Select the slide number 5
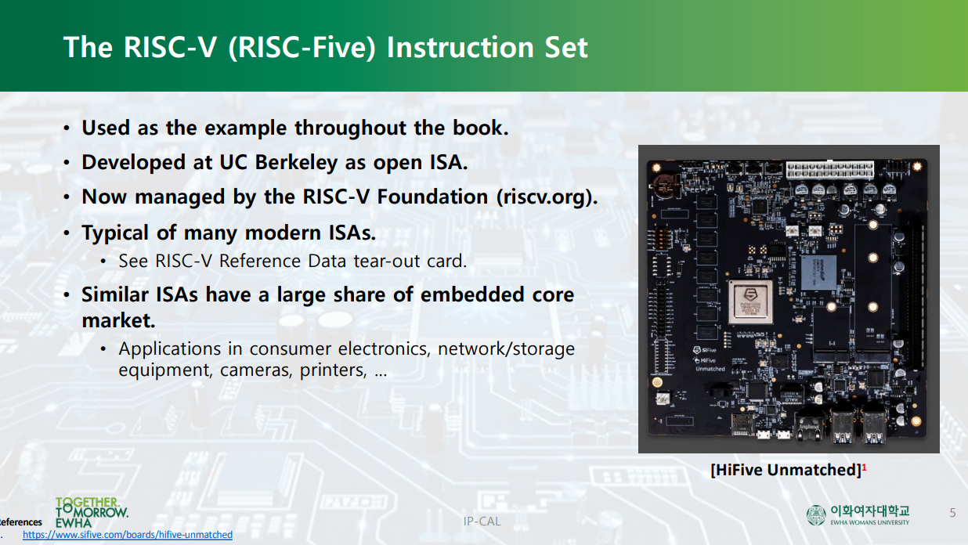[952, 513]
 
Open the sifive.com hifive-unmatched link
[128, 535]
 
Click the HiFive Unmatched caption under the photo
[786, 470]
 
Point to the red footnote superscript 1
[864, 467]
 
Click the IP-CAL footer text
[482, 521]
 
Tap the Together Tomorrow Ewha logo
[91, 511]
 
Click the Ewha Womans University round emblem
[816, 514]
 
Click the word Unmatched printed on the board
[710, 368]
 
